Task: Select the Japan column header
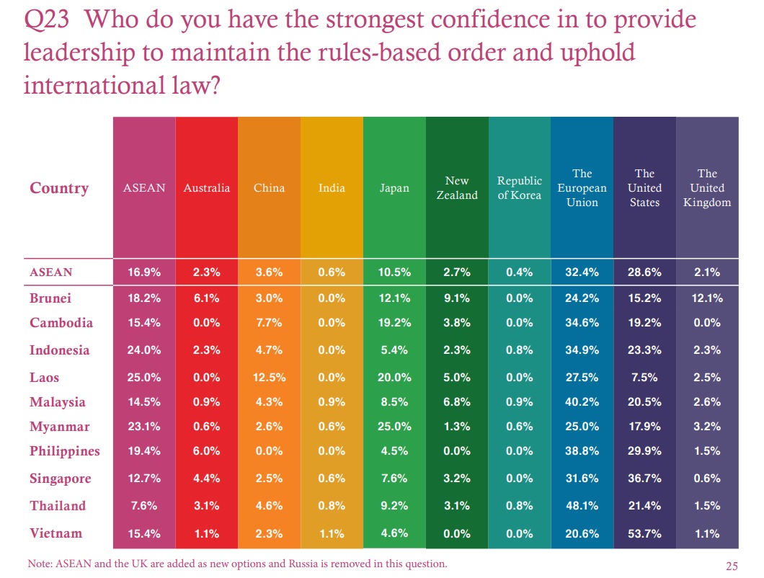(x=394, y=188)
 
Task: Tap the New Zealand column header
(x=457, y=188)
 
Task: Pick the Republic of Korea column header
(x=519, y=188)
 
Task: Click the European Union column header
(x=582, y=188)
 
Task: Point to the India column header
(x=332, y=188)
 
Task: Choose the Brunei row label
(x=50, y=298)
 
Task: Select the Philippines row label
(x=65, y=451)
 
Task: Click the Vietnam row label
(x=56, y=533)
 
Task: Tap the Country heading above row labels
(x=59, y=188)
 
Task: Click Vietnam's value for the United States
(x=644, y=533)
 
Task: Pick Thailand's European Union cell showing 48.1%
(x=582, y=506)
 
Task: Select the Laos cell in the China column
(x=269, y=378)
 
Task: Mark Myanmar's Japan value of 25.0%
(x=394, y=427)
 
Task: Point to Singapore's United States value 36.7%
(x=644, y=479)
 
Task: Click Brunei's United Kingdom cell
(x=707, y=298)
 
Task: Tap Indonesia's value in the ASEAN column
(x=144, y=350)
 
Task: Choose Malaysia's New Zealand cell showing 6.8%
(x=457, y=402)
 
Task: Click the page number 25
(x=729, y=564)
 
